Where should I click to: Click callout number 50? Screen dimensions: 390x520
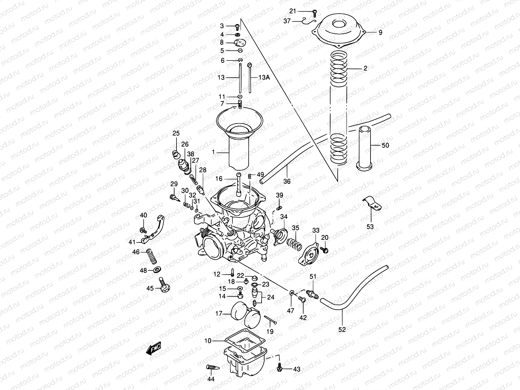pyautogui.click(x=385, y=145)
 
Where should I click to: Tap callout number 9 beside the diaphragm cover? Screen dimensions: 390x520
pyautogui.click(x=380, y=32)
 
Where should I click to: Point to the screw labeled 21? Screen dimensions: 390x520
pyautogui.click(x=315, y=12)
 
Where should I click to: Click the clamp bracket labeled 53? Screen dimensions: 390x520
pyautogui.click(x=371, y=204)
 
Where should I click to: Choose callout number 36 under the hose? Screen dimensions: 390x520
pyautogui.click(x=287, y=181)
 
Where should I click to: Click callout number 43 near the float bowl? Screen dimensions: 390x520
pyautogui.click(x=296, y=369)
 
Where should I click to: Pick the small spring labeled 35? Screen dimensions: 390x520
pyautogui.click(x=293, y=242)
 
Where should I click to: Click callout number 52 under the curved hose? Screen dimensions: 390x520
pyautogui.click(x=342, y=330)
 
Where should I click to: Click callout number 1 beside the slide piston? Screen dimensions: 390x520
pyautogui.click(x=213, y=152)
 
